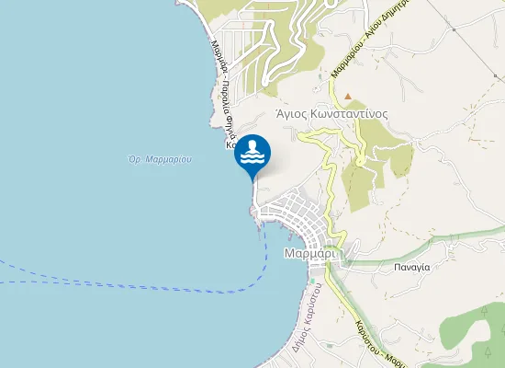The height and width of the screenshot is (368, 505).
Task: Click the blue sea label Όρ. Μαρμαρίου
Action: coord(160,159)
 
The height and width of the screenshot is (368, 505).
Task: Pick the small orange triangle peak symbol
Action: coord(348,95)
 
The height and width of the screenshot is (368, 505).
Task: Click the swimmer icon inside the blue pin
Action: coord(252,154)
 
